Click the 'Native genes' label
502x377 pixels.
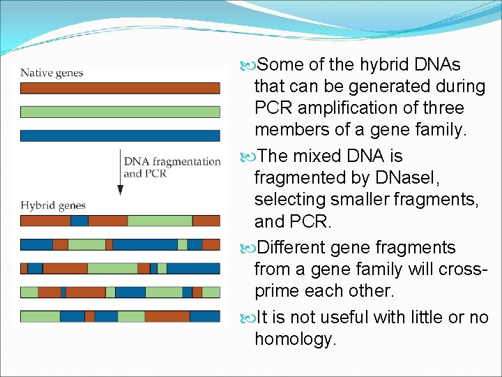pyautogui.click(x=52, y=73)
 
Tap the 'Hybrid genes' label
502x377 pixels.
pyautogui.click(x=53, y=205)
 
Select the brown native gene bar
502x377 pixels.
pyautogui.click(x=120, y=89)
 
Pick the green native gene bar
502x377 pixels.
pyautogui.click(x=120, y=112)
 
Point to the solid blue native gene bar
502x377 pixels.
pyautogui.click(x=120, y=135)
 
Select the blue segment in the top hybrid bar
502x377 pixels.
pyautogui.click(x=79, y=221)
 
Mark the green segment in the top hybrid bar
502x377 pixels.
pyautogui.click(x=160, y=221)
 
